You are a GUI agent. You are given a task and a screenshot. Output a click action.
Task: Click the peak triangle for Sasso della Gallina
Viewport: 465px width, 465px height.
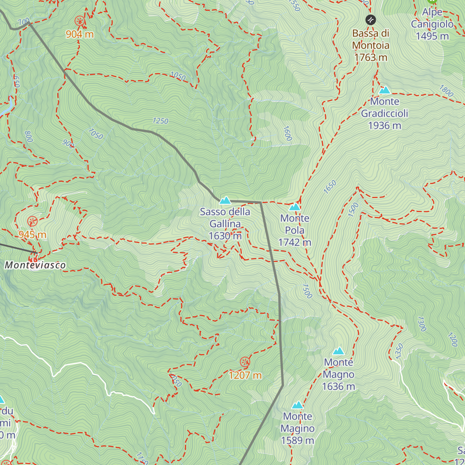(225, 200)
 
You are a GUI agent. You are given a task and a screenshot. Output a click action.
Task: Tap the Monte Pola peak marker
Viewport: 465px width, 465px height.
(295, 207)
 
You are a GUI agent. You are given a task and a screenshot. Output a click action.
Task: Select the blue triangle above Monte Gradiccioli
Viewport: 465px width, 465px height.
(385, 90)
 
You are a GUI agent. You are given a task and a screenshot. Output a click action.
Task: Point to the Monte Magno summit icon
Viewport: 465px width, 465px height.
(339, 351)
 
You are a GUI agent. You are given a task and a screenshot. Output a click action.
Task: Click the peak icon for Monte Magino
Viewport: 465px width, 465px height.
(297, 405)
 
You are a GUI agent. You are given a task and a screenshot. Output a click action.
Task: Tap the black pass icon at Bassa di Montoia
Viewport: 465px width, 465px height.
(370, 20)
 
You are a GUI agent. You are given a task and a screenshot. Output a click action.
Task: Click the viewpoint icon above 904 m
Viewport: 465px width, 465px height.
(80, 21)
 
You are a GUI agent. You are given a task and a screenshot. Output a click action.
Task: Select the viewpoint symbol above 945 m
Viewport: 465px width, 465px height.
(32, 221)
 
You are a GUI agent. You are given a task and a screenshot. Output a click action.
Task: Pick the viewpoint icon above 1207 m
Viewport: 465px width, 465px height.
(245, 362)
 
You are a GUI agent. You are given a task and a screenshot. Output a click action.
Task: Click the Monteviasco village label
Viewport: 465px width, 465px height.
(35, 265)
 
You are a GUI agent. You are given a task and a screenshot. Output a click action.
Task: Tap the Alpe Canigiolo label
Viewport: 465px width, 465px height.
(432, 24)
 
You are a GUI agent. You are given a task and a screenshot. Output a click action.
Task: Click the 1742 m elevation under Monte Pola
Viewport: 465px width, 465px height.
(294, 243)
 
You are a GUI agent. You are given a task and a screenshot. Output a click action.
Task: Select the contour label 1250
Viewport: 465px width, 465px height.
(160, 121)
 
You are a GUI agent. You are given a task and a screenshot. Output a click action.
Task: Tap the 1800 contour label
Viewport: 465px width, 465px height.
(446, 91)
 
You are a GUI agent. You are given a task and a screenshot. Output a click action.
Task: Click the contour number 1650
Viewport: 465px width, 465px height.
(330, 187)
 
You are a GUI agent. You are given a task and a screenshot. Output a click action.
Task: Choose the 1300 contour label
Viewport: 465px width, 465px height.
(422, 324)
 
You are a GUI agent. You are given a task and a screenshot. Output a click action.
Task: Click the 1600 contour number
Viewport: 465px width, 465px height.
(287, 133)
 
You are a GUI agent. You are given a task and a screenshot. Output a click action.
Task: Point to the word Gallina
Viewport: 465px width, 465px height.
(225, 224)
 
